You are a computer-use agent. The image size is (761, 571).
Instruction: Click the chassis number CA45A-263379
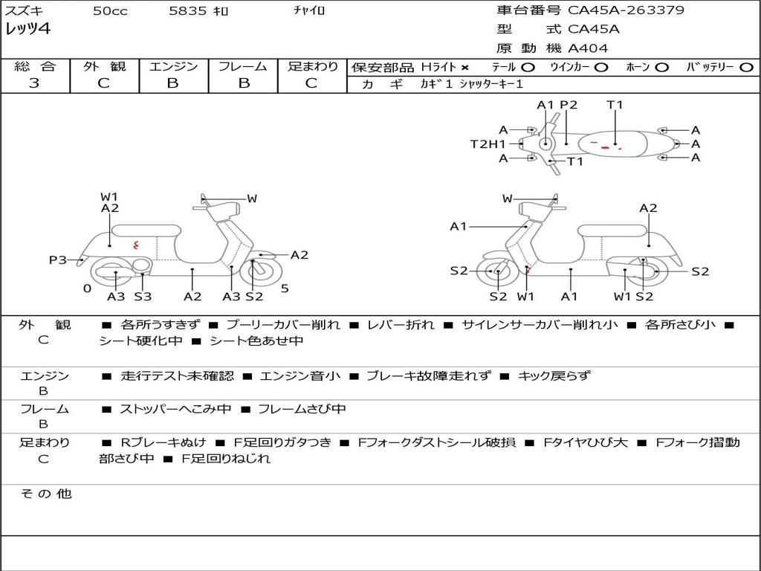(626, 10)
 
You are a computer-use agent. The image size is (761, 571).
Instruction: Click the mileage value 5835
(187, 10)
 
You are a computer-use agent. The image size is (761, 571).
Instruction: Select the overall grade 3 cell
(36, 76)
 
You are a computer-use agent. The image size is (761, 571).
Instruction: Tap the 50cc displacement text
(110, 10)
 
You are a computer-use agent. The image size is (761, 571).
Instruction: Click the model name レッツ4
(27, 29)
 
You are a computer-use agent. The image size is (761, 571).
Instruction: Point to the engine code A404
(588, 48)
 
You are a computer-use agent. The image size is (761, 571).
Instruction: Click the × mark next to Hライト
(465, 68)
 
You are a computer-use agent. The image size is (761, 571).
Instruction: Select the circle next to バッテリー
(746, 68)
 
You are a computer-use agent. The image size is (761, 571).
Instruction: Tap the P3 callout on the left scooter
(58, 259)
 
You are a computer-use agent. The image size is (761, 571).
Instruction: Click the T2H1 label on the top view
(488, 143)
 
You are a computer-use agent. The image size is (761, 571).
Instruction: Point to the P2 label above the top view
(569, 105)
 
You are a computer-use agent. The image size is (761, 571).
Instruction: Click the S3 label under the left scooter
(143, 296)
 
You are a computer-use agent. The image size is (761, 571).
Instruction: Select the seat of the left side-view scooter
(146, 230)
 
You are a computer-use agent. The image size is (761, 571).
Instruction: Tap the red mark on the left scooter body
(136, 245)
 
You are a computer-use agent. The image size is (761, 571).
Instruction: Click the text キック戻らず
(554, 375)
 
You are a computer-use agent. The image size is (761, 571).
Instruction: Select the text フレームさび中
(302, 409)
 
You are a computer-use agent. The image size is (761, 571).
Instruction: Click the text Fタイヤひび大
(586, 442)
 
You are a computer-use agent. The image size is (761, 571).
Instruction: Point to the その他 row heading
(46, 494)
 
